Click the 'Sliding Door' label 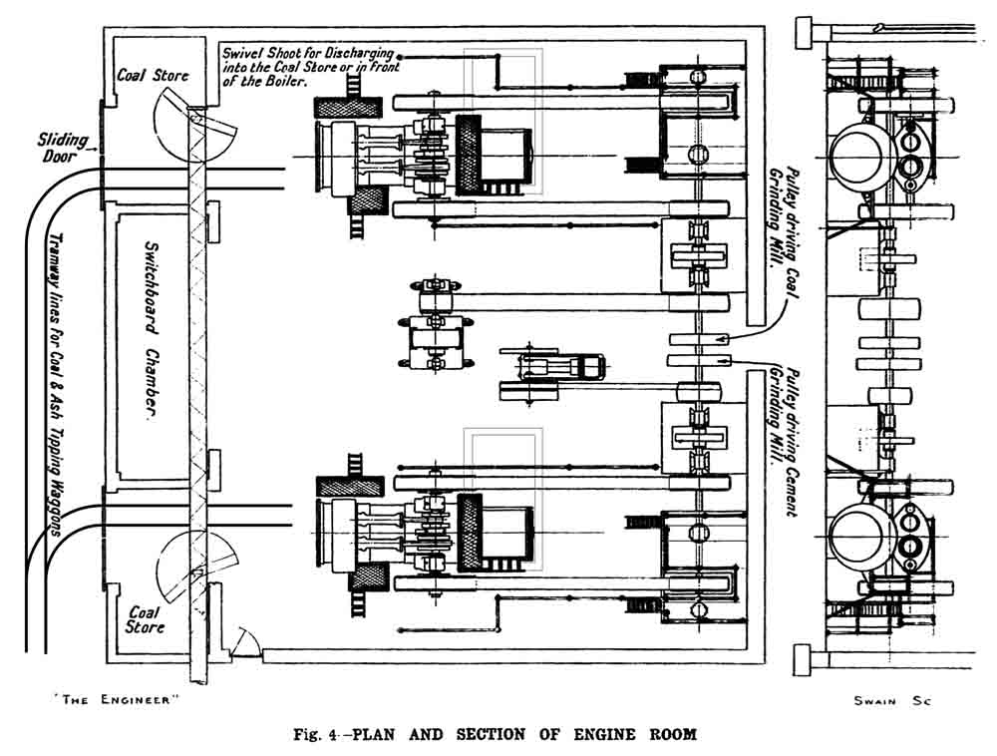tap(62, 148)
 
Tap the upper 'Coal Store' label tap(153, 75)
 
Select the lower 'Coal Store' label tap(146, 619)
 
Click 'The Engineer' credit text tap(115, 699)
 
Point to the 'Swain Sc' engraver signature tap(890, 701)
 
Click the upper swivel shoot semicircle tap(199, 125)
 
